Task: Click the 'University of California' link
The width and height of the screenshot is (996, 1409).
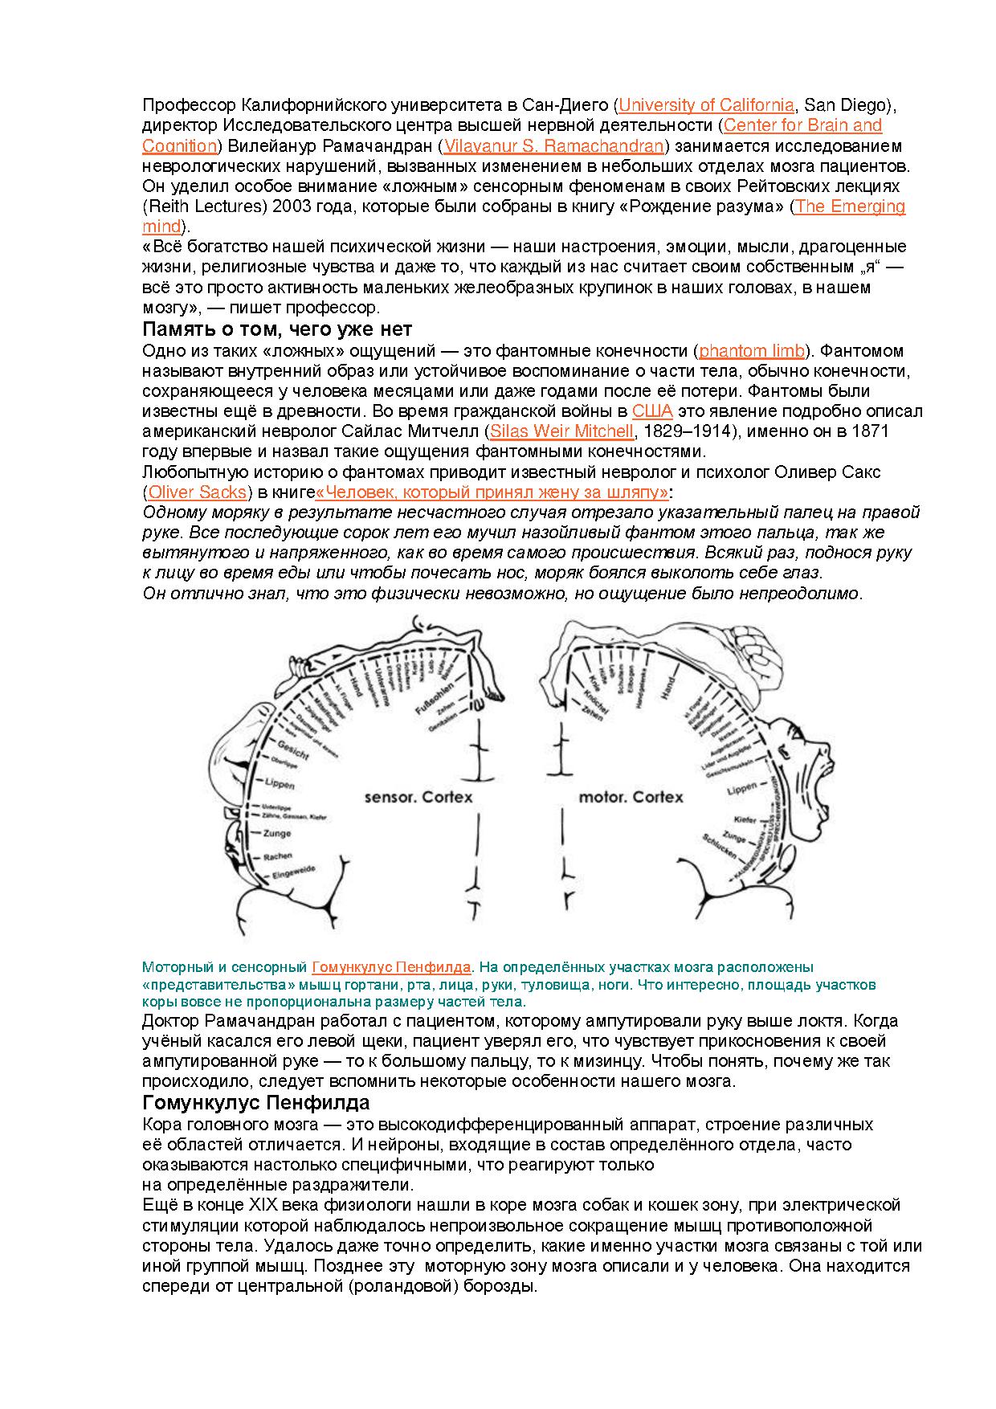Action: pos(706,105)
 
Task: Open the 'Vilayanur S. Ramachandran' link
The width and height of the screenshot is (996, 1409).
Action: pos(554,146)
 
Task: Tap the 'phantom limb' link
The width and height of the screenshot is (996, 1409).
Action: pos(752,351)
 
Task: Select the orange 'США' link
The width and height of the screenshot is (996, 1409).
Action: pos(651,411)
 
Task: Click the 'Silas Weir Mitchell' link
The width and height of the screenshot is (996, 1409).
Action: pos(561,431)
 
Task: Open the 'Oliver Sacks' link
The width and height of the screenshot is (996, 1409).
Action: pos(197,492)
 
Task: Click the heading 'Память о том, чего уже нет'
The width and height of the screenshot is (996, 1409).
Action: pos(277,329)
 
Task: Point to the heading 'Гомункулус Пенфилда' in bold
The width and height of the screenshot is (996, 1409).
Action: pos(255,1102)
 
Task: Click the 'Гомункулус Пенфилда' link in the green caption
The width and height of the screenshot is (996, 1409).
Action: pos(391,966)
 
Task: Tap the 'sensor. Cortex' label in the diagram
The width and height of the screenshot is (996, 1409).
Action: pos(418,797)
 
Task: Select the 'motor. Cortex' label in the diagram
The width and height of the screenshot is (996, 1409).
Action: pos(631,797)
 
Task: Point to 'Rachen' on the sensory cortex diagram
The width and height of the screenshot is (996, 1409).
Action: pos(277,856)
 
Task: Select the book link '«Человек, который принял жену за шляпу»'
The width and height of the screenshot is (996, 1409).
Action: pos(492,492)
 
